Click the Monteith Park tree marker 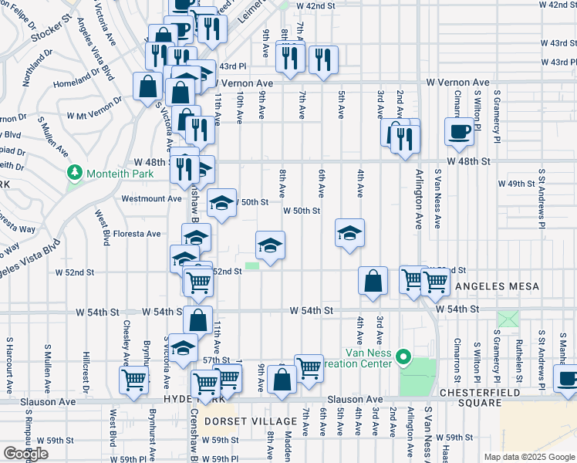(75, 172)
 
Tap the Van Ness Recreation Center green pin (403, 357)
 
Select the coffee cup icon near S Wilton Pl (459, 131)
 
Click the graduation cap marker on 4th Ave (349, 233)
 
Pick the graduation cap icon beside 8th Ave (270, 245)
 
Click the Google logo (25, 453)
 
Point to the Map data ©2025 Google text (528, 457)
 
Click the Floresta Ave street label (137, 234)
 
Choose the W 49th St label (516, 184)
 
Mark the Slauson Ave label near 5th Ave (355, 400)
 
